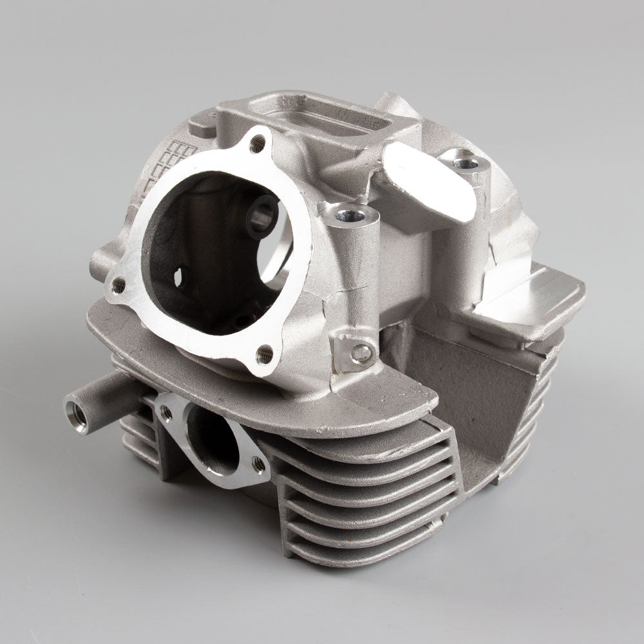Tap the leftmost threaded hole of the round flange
tap(120, 283)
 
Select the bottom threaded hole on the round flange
tap(265, 352)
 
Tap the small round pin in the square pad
tap(364, 352)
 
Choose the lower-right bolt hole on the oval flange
tap(259, 462)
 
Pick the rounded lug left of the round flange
tap(103, 261)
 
